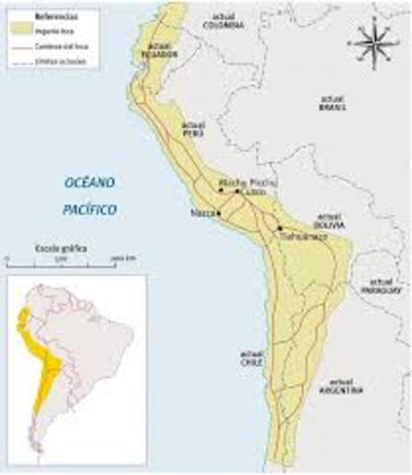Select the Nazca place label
[x=202, y=213]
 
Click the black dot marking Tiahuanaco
[x=280, y=228]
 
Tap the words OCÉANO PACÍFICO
[x=91, y=196]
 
